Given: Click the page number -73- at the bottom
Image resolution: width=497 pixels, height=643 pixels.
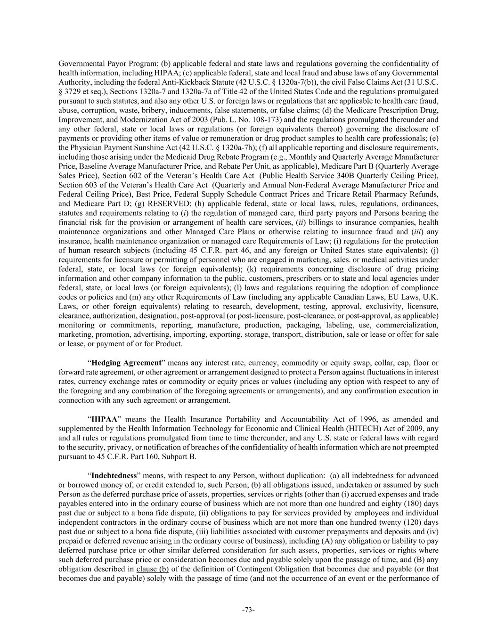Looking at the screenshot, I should point(248,610).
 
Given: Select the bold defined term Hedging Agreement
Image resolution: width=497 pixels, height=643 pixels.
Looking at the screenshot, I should point(126,363).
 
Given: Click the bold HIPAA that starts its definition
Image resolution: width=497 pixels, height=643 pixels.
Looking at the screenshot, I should point(104,419).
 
